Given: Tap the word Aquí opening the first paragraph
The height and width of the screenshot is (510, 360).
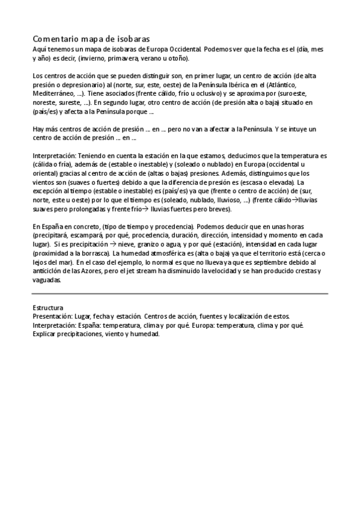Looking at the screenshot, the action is click(x=39, y=49).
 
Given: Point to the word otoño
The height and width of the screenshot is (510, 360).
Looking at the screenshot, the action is click(x=177, y=58).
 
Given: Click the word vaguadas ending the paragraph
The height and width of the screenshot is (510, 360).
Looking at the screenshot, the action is click(x=47, y=280).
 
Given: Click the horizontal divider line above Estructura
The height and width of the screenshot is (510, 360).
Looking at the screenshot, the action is click(x=180, y=294).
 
